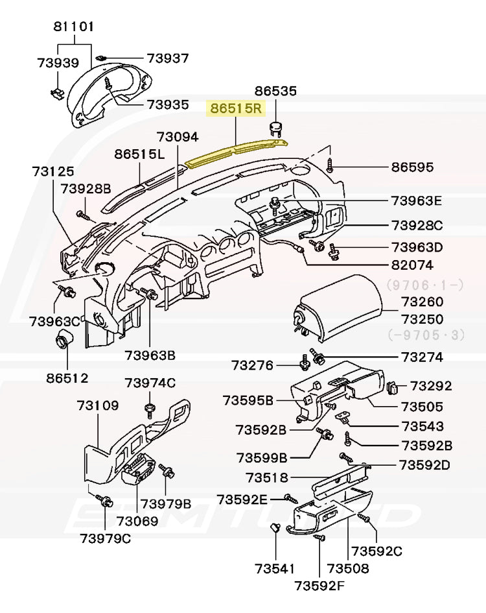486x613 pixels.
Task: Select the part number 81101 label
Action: (73, 27)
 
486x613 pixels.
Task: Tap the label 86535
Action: (275, 91)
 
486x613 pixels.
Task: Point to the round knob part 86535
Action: (277, 128)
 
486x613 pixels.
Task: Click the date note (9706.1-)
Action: (424, 285)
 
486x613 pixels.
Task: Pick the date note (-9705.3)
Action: (424, 335)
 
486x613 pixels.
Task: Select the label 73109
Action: (98, 406)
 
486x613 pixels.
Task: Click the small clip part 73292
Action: (393, 388)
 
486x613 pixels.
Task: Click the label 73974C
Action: (150, 383)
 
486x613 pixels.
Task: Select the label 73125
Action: (53, 172)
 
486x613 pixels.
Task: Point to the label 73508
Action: (348, 569)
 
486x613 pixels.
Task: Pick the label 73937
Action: (167, 58)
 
